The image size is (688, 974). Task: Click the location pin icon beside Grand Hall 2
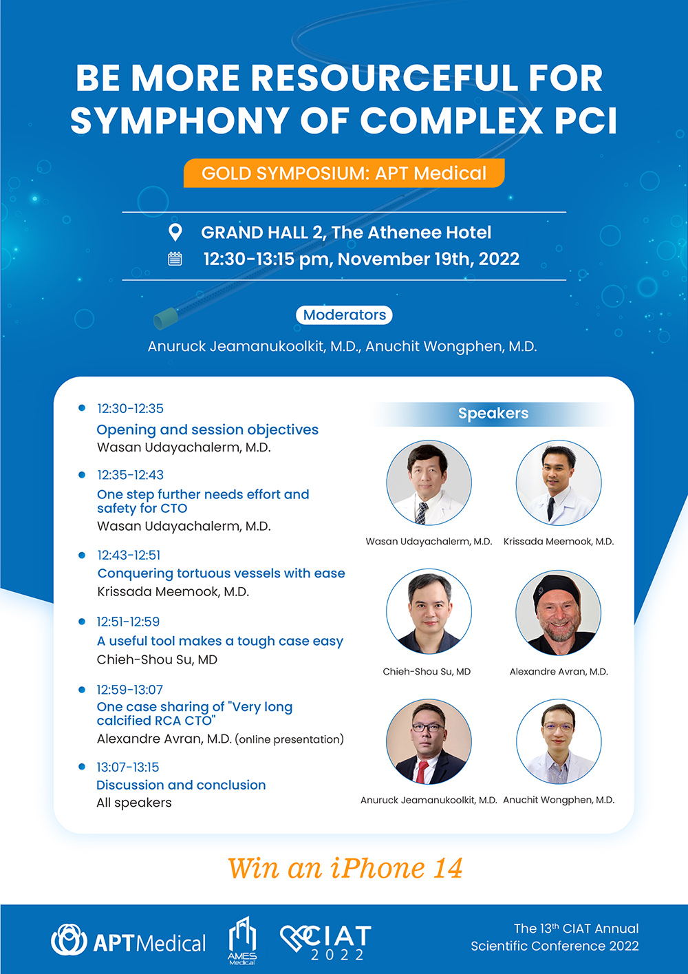(x=175, y=233)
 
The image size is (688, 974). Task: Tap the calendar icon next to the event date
(x=175, y=259)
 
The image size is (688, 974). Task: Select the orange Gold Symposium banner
(x=344, y=173)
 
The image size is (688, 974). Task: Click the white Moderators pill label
(x=344, y=315)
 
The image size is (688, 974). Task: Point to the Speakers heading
(x=493, y=413)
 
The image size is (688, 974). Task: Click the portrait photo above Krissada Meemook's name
(x=559, y=483)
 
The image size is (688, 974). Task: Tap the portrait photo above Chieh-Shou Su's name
(x=429, y=611)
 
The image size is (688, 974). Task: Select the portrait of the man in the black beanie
(x=559, y=612)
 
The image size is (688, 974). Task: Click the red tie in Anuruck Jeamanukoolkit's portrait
(x=422, y=772)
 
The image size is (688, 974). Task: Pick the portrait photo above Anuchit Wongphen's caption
(x=559, y=741)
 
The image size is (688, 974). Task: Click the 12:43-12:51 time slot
(x=129, y=555)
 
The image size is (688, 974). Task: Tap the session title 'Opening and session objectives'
(x=207, y=430)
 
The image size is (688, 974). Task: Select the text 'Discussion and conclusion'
(x=181, y=785)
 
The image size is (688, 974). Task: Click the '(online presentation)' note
(x=290, y=739)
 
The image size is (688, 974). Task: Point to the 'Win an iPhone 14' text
(x=345, y=869)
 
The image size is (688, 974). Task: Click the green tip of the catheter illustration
(x=166, y=318)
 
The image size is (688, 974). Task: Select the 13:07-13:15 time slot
(x=128, y=767)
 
